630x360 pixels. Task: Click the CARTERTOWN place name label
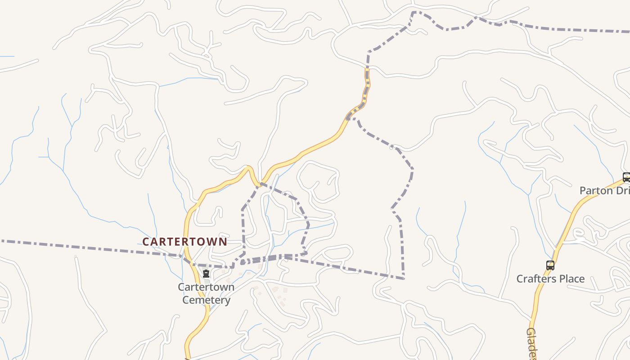[184, 242]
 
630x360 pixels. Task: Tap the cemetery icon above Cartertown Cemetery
[206, 274]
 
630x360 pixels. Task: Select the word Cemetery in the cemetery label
[206, 300]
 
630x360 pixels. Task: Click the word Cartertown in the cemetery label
[206, 287]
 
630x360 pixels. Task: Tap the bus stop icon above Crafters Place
[550, 265]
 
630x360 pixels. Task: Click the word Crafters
[535, 279]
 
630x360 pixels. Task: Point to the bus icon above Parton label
[626, 177]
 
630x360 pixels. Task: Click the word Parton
[596, 190]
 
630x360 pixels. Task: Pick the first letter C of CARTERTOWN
[146, 242]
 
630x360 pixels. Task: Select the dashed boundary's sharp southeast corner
[403, 279]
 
